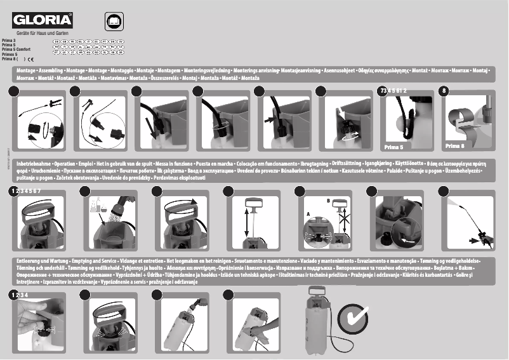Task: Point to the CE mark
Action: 29,59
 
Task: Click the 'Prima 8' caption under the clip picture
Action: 456,145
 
